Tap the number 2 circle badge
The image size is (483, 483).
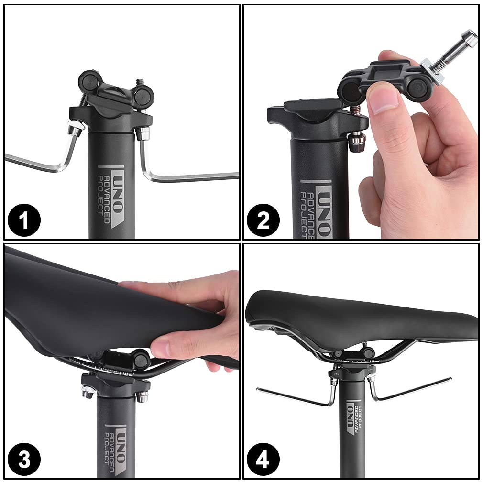point(263,221)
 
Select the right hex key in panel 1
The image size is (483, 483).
point(191,177)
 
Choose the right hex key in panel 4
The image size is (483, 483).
point(411,390)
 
